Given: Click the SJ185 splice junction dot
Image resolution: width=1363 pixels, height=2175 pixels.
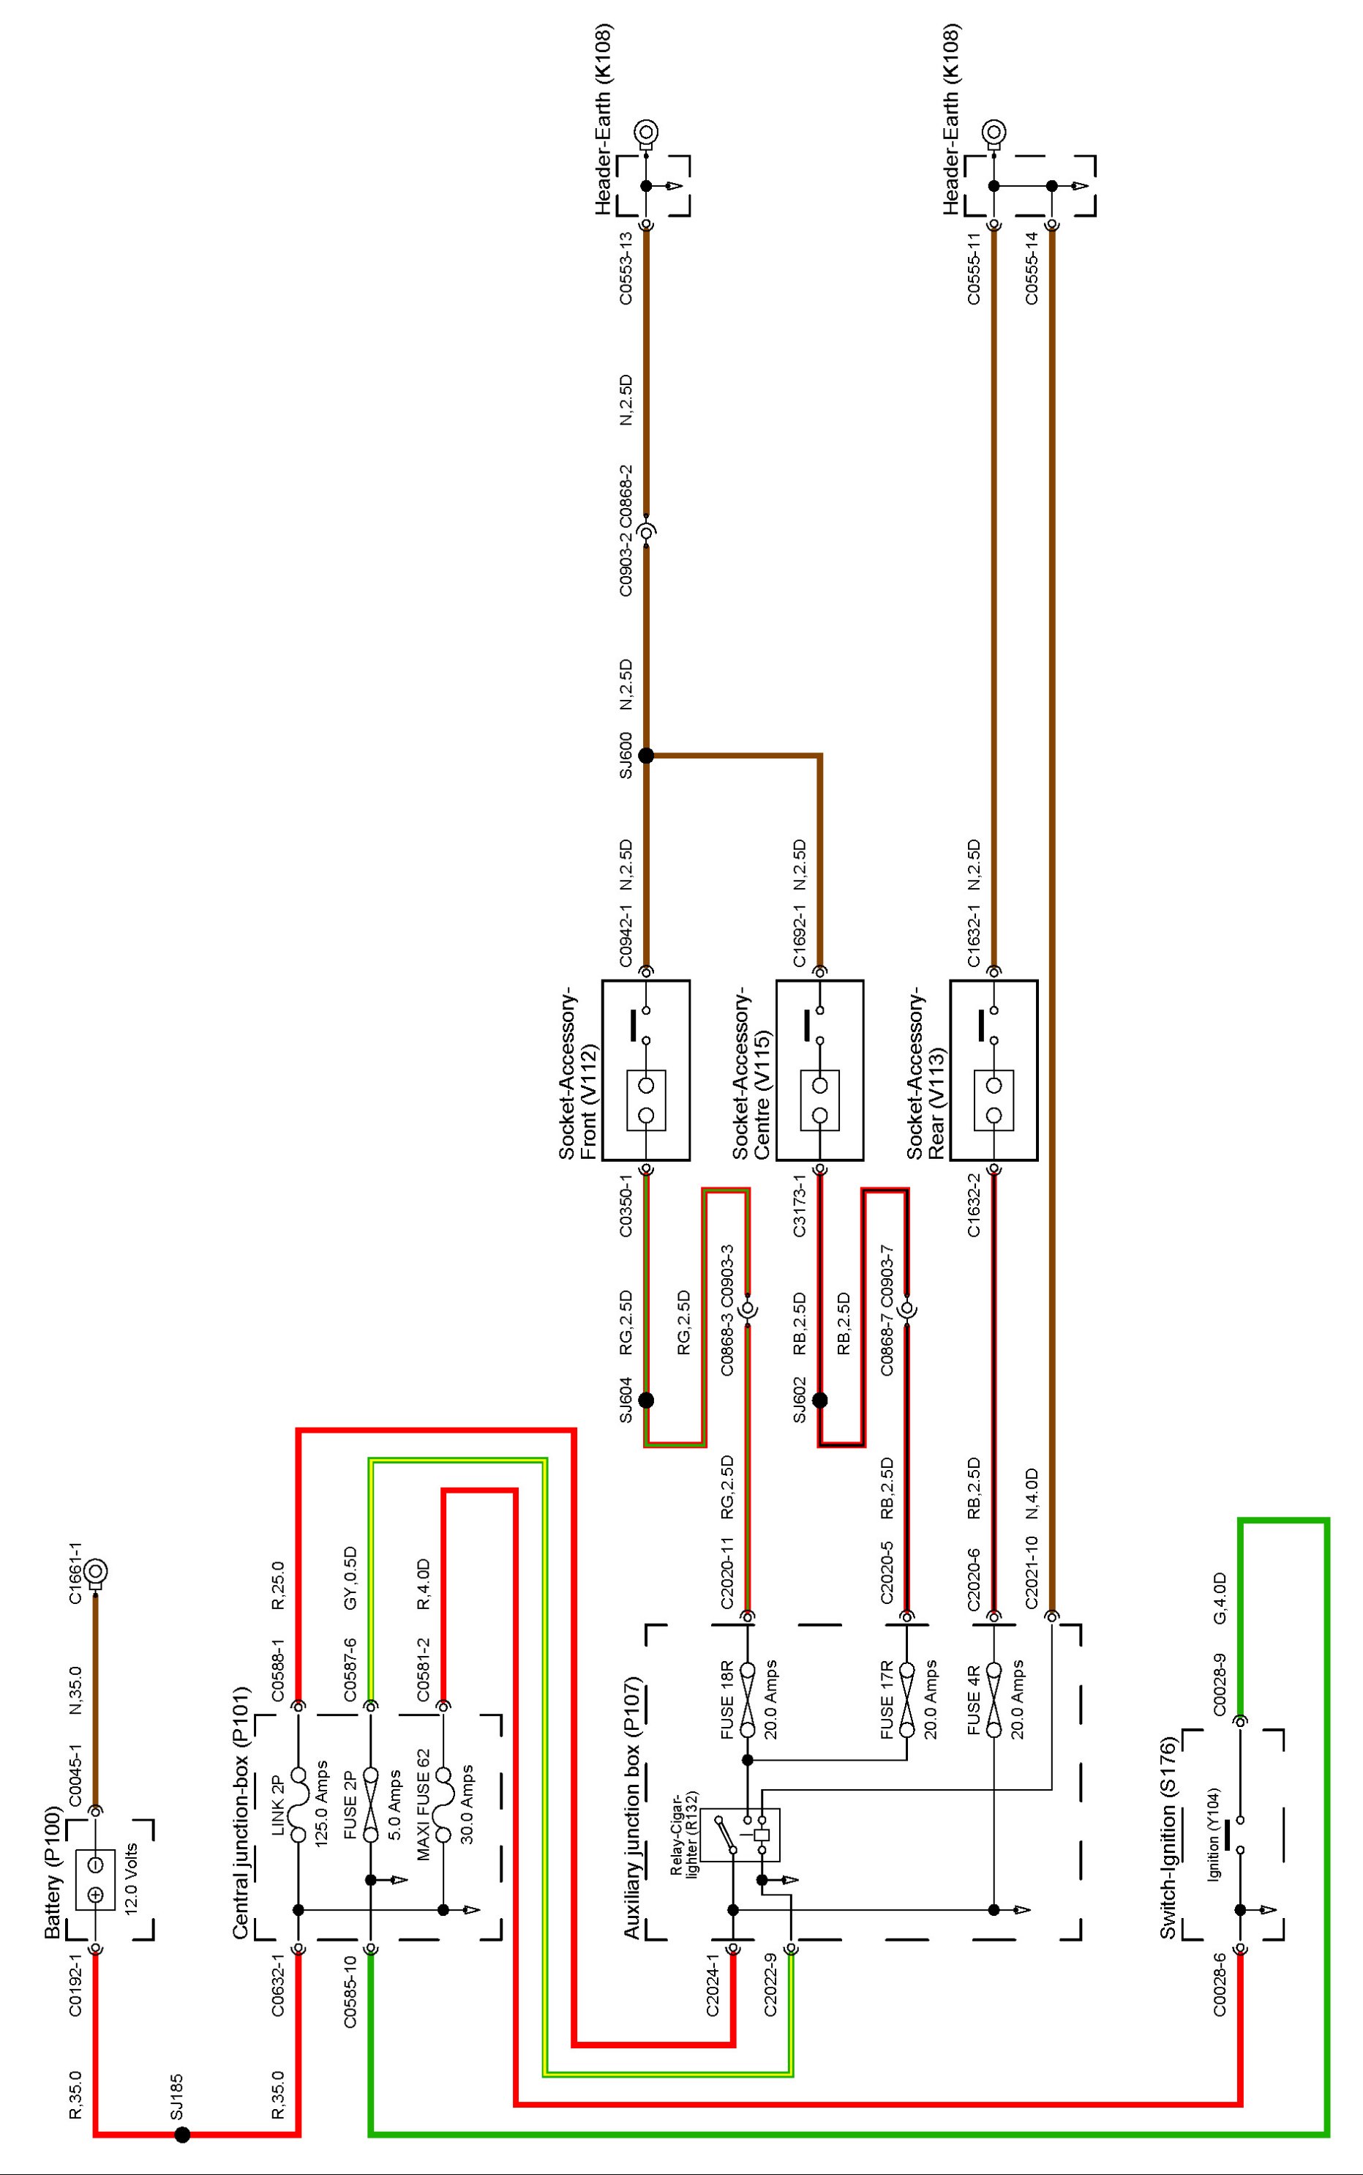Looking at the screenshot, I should point(182,2135).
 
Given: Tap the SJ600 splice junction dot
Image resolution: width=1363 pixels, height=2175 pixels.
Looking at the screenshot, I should point(645,755).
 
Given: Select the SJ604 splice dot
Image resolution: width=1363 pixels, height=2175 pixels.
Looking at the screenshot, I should point(645,1400).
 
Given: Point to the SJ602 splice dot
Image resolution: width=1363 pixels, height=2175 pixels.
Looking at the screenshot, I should point(819,1400).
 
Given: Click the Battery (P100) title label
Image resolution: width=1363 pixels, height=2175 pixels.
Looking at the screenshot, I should point(53,1874).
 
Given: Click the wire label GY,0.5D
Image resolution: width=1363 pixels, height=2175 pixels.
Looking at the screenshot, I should point(350,1578).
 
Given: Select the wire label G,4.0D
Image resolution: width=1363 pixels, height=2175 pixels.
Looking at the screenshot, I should point(1220,1598).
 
